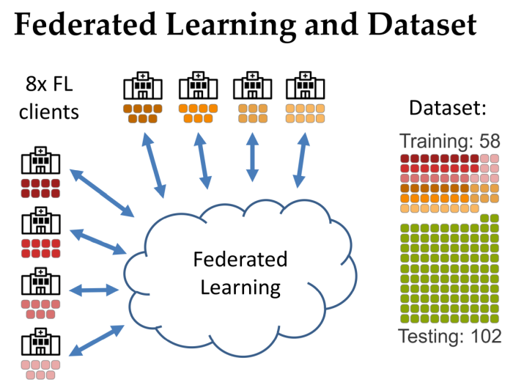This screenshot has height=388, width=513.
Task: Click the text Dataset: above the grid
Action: (x=448, y=109)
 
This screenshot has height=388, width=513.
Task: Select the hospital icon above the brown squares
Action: (x=139, y=87)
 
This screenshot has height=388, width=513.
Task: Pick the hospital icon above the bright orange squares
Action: (x=194, y=87)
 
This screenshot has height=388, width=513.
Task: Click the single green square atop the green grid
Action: (x=484, y=218)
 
